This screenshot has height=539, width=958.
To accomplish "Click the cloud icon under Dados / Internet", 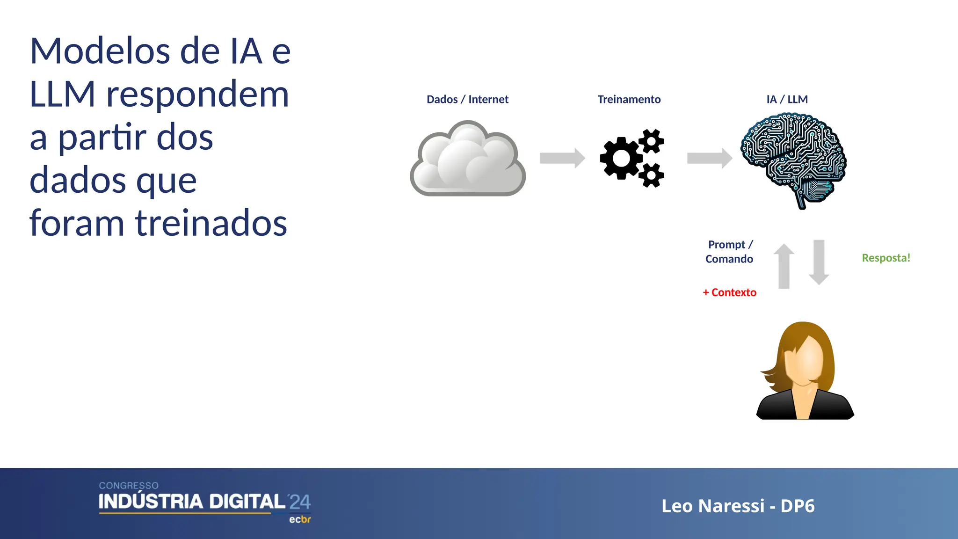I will point(468,159).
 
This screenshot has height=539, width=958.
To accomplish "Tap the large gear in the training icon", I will point(621,158).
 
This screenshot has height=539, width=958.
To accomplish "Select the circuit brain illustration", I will point(794,157).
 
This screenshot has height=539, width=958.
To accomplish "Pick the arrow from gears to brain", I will point(709,158).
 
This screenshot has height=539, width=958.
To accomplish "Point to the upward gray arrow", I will point(784,266).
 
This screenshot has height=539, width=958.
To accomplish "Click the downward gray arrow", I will point(819,262).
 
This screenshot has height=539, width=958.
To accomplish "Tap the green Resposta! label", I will point(886,258).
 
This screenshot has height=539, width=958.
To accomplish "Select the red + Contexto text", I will point(729,292).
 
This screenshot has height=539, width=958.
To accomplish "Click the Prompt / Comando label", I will point(729,252).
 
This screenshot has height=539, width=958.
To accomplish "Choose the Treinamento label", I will point(629,99).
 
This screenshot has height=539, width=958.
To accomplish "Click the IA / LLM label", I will point(787,99).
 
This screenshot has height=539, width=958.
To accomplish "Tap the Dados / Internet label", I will point(467,99).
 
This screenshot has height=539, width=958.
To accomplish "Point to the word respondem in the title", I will point(197,95).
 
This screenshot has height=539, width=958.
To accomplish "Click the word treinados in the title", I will point(211,223).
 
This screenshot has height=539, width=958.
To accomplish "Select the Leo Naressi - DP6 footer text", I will point(738,506).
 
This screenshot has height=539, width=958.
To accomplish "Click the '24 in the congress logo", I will point(299,502).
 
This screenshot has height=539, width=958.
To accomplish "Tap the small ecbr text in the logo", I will point(300,519).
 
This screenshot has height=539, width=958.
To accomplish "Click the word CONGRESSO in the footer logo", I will point(129,486).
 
